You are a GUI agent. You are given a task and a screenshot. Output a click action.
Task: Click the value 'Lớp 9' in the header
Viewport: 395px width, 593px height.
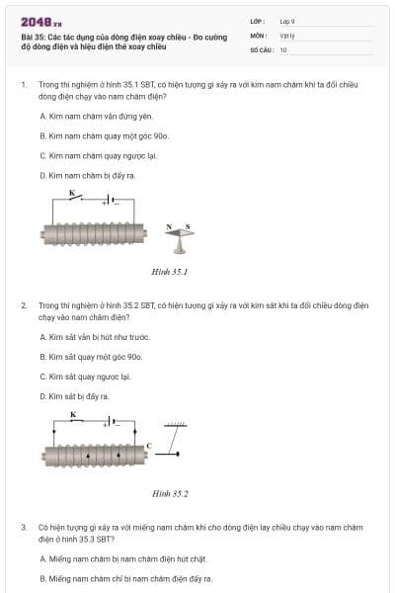pos(287,21)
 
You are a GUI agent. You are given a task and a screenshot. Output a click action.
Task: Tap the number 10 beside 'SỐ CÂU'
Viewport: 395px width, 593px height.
pos(283,49)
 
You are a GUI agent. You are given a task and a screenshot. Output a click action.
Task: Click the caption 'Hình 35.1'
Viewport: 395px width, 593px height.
pos(170,271)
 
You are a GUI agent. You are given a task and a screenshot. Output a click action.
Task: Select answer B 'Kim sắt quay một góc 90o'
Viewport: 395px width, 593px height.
pos(90,357)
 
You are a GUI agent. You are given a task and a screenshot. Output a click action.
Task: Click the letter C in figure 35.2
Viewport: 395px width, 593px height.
pos(149,447)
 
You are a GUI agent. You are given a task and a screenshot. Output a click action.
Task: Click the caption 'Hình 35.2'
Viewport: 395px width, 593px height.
pos(170,492)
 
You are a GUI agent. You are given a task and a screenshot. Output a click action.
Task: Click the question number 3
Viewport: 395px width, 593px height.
pos(24,528)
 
